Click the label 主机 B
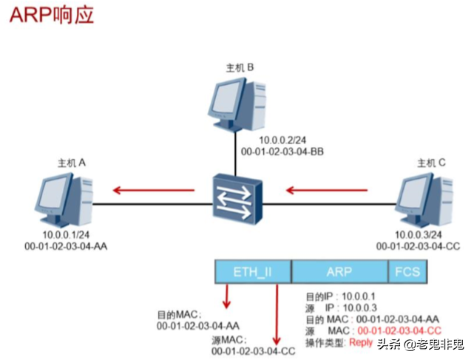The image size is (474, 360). [240, 67]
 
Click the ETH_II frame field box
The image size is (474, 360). [252, 272]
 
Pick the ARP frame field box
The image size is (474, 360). [339, 272]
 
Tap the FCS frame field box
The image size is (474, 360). [407, 272]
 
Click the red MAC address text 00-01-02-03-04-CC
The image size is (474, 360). [399, 331]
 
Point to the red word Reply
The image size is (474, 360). [362, 342]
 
